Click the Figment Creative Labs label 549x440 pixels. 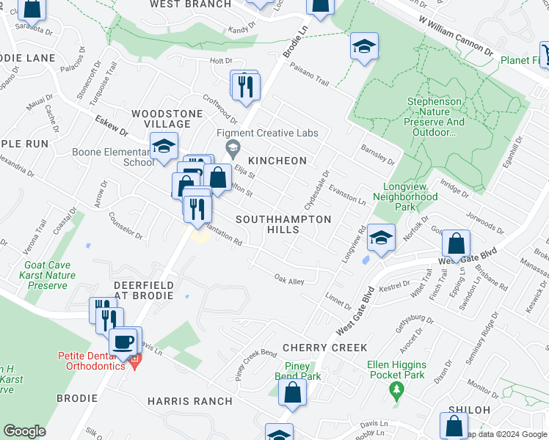tap(267, 133)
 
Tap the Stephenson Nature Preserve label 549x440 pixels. tap(436, 117)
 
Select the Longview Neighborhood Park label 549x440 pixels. tap(415, 197)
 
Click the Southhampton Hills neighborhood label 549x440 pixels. tap(283, 224)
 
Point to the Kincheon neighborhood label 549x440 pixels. tap(277, 160)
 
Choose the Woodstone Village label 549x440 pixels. tap(167, 119)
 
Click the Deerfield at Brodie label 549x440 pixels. tap(143, 290)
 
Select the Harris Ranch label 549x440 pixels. tap(189, 401)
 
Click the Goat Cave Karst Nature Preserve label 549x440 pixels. tap(49, 275)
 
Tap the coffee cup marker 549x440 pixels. tap(123, 341)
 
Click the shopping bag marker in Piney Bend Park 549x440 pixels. tap(292, 391)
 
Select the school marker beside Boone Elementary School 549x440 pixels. tap(164, 147)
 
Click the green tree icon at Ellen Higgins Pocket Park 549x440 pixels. tap(397, 389)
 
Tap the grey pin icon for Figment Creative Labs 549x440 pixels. tap(233, 150)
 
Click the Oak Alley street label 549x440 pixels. tap(288, 280)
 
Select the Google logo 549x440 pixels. tap(24, 431)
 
